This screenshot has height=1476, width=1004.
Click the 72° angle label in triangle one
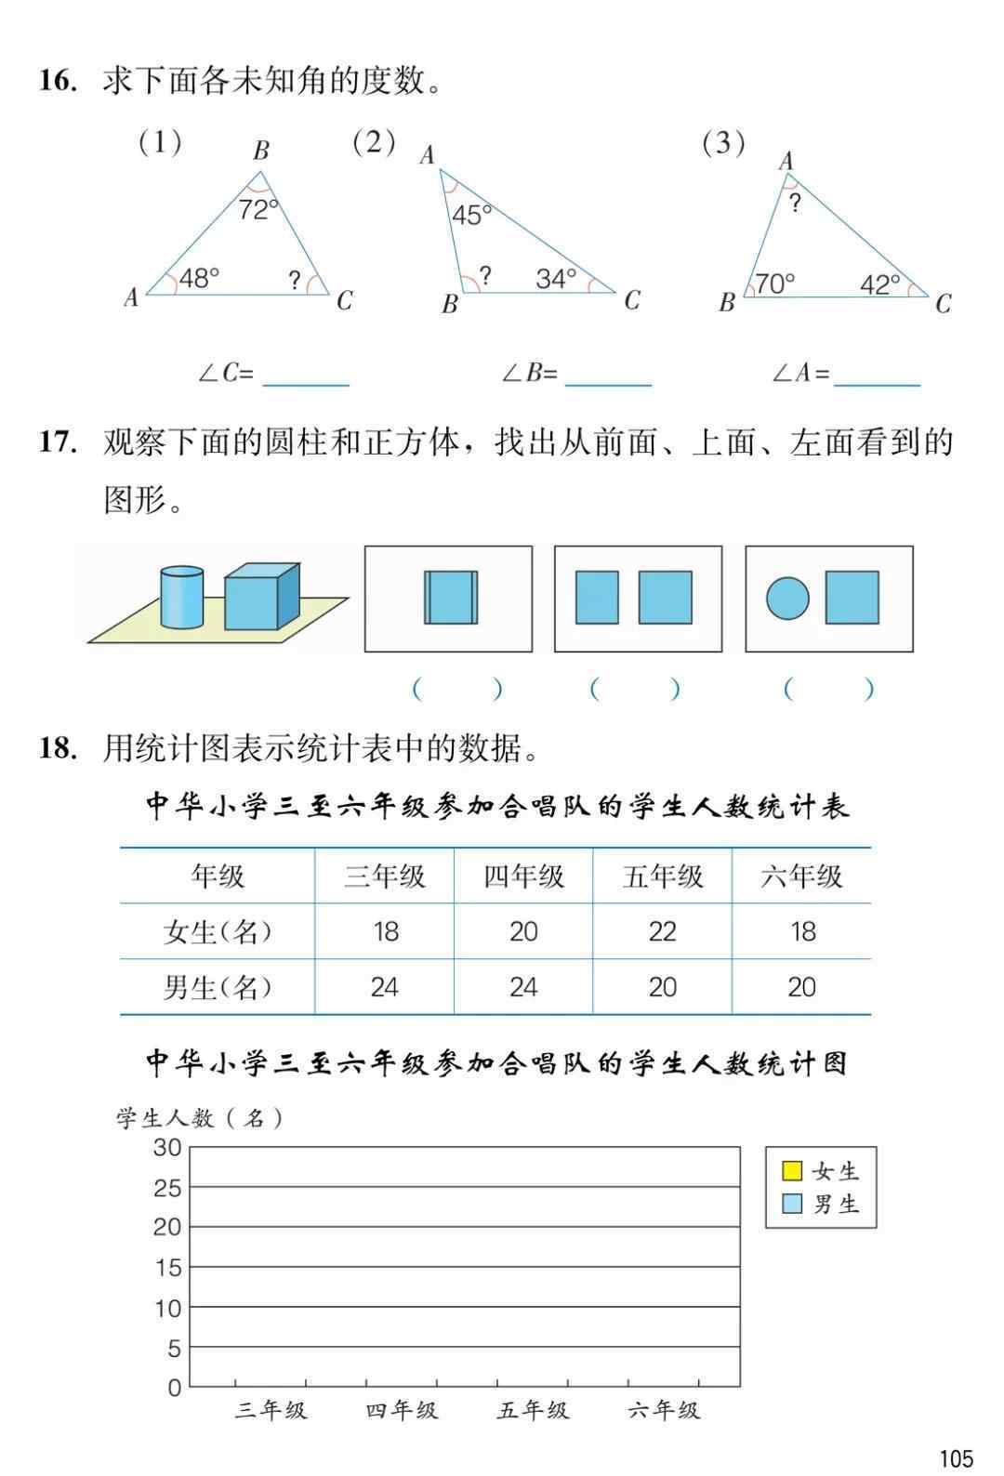tap(258, 209)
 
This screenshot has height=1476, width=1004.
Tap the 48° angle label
tap(199, 278)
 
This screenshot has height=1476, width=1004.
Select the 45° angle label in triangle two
tap(472, 216)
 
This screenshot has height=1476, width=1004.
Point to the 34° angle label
tap(556, 278)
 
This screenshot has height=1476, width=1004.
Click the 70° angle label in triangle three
tap(774, 283)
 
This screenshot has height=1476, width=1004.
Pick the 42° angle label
tap(879, 284)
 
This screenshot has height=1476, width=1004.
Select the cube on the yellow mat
tap(260, 598)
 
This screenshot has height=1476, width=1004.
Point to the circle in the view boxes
tap(787, 598)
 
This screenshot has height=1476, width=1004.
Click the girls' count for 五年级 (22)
tap(662, 931)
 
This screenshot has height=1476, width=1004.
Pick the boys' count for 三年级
tap(384, 987)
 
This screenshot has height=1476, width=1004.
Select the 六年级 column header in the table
tap(801, 876)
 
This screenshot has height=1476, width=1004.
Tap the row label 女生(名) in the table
tap(218, 931)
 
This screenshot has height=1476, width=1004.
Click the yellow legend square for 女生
tap(792, 1170)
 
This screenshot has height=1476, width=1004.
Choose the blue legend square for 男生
tap(792, 1204)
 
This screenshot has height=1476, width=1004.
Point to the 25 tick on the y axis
tap(167, 1188)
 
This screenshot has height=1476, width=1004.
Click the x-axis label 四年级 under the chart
tap(401, 1411)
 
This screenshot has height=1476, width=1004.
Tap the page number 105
tap(956, 1457)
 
